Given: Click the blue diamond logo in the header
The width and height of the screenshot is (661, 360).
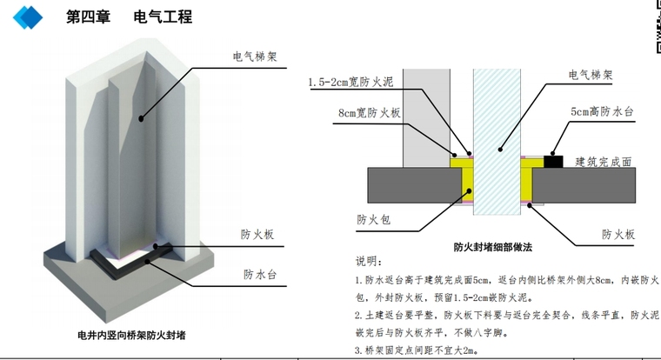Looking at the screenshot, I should pyautogui.click(x=29, y=16).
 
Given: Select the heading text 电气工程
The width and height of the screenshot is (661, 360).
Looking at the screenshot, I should pyautogui.click(x=163, y=17).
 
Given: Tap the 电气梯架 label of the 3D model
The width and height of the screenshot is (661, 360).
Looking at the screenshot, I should pyautogui.click(x=254, y=57).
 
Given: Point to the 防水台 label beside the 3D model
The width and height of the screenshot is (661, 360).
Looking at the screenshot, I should pyautogui.click(x=259, y=275).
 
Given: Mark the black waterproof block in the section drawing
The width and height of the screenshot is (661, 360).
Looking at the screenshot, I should pyautogui.click(x=551, y=161).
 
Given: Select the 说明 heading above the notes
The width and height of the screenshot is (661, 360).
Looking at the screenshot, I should pyautogui.click(x=368, y=262).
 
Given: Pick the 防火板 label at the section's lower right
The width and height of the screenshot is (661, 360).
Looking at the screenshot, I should pyautogui.click(x=618, y=235).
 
